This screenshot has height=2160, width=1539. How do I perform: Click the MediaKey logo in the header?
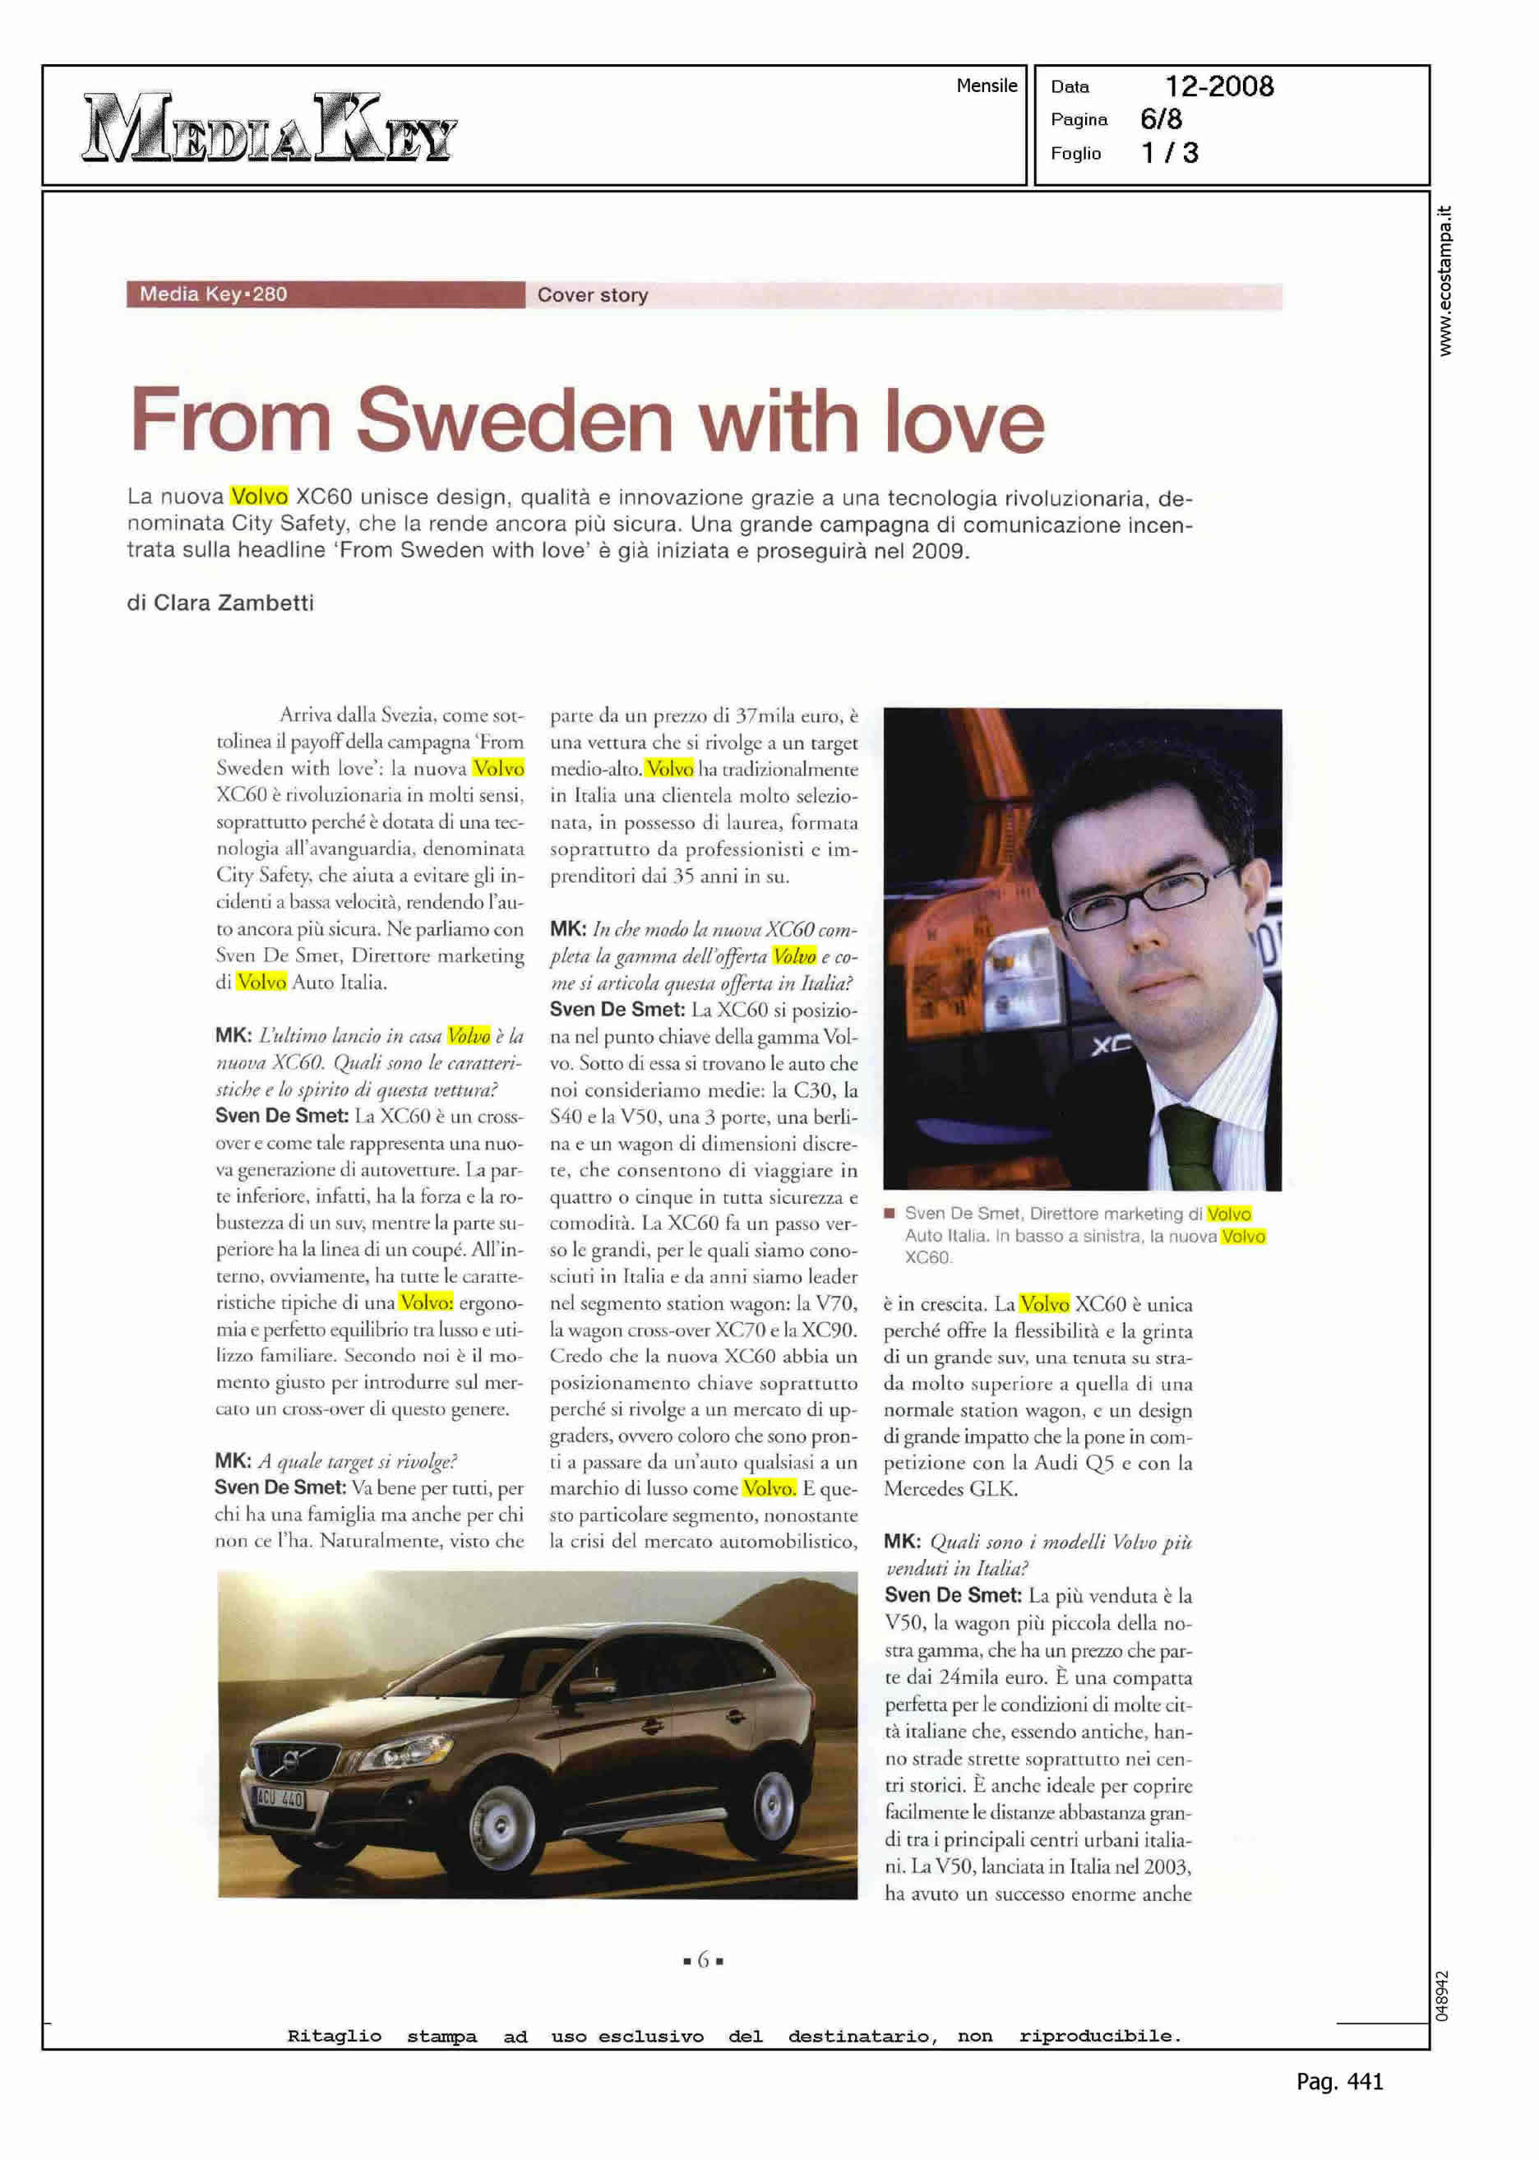tap(270, 127)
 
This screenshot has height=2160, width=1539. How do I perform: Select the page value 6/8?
tap(1161, 118)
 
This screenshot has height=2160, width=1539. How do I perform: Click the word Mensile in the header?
tap(987, 86)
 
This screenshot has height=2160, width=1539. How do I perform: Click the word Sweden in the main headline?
tap(515, 421)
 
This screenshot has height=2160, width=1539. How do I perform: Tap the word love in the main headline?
tap(964, 421)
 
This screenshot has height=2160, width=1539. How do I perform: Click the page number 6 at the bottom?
tap(703, 1959)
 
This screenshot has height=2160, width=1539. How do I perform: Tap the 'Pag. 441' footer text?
tap(1339, 2081)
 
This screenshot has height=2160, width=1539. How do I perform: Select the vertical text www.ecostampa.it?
tap(1444, 280)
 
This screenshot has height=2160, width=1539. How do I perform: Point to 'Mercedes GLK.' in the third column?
tap(950, 1488)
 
